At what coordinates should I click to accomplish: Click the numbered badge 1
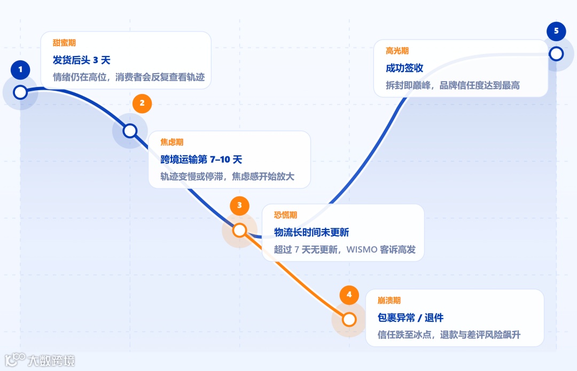point(20,69)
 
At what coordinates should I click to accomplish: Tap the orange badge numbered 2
point(142,103)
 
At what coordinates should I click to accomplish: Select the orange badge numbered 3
point(239,205)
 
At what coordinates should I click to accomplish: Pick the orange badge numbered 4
point(349,294)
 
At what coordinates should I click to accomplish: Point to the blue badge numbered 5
point(556,31)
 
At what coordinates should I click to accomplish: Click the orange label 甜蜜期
point(64,43)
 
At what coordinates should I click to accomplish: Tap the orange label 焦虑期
point(171,143)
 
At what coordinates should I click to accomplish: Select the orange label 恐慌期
point(285,215)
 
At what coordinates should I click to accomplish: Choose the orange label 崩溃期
point(389,301)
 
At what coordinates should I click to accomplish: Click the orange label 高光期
point(397,51)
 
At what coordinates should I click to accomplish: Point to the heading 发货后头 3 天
point(81,60)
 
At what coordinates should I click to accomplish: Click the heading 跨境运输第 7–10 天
point(201,159)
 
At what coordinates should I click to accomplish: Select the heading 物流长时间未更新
point(311,232)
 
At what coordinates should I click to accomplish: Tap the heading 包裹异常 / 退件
point(410,318)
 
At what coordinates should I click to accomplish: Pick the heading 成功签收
point(404,68)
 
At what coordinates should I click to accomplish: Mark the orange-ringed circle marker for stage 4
point(349,319)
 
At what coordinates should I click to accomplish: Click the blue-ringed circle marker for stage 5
point(556,53)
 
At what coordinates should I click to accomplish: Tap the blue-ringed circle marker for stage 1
point(20,92)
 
